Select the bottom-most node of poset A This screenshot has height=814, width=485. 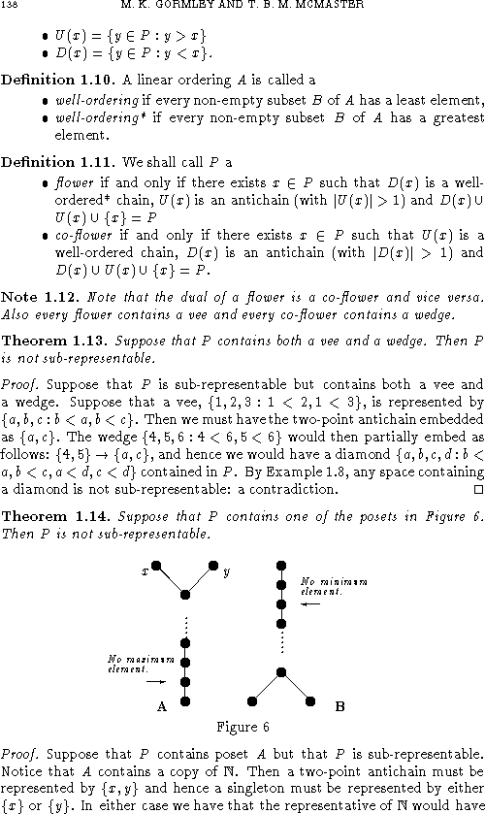click(x=185, y=700)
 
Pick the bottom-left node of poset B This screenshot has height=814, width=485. click(x=252, y=700)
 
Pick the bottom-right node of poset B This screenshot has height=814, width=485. click(x=310, y=700)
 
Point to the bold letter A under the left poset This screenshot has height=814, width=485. click(x=161, y=708)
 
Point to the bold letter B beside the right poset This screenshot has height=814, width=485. click(x=339, y=708)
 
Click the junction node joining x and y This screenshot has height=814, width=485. click(x=184, y=594)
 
